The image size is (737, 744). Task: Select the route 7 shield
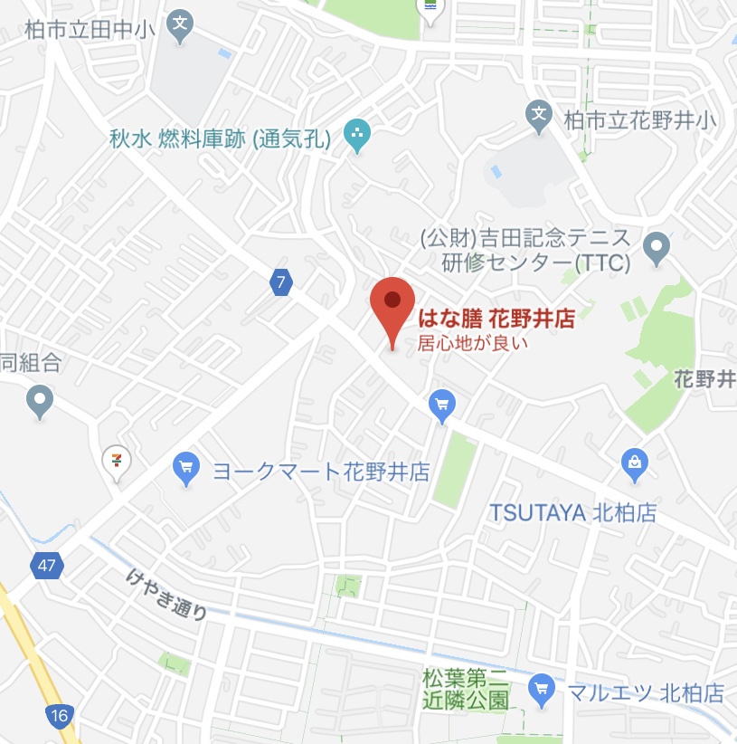click(281, 282)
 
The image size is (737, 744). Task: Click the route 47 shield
click(45, 567)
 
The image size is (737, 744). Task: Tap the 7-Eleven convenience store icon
click(116, 460)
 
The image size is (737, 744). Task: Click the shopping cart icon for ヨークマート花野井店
click(185, 469)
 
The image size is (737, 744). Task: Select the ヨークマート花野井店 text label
click(320, 472)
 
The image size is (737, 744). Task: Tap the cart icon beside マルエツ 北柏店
click(542, 691)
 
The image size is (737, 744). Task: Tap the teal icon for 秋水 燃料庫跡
click(357, 138)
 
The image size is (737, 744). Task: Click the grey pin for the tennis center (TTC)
click(657, 244)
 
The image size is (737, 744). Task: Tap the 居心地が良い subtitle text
click(471, 343)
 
